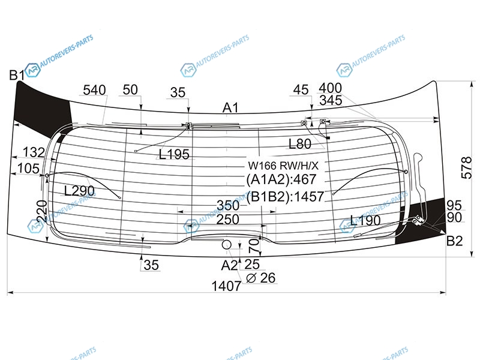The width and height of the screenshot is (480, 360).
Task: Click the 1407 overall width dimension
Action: (x=226, y=286)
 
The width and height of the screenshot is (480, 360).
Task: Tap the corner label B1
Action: (x=16, y=75)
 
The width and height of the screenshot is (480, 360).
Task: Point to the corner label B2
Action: (x=455, y=242)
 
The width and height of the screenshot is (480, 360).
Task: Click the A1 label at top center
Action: (x=231, y=108)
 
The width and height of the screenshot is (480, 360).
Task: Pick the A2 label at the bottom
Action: (x=229, y=265)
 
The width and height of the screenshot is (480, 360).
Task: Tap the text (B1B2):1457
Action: (x=285, y=196)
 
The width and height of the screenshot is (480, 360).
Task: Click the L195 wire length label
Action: (x=174, y=155)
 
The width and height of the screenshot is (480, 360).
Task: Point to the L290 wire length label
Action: (x=79, y=191)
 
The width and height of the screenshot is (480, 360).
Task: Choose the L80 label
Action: (x=300, y=144)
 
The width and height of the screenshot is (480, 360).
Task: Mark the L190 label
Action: (x=365, y=220)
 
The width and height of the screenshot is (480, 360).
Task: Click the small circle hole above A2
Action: (x=227, y=245)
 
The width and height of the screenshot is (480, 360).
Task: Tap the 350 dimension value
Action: (x=228, y=204)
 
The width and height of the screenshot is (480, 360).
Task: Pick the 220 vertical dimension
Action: (x=41, y=212)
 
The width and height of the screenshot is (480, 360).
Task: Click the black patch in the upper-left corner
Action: (x=42, y=105)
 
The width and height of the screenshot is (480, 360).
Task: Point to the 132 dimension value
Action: (x=34, y=152)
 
